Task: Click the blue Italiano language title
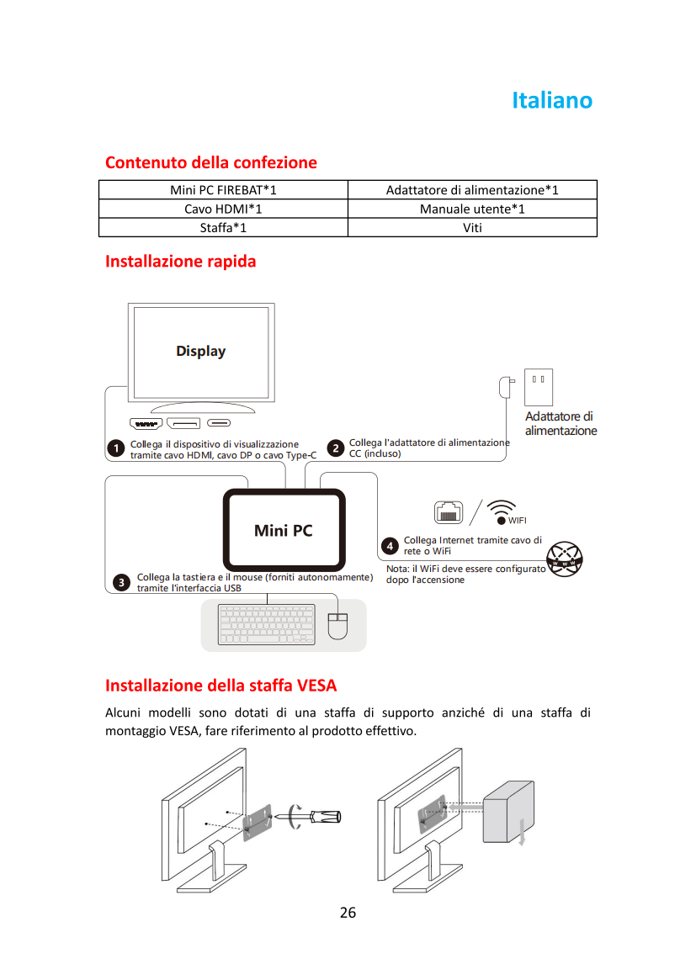(x=551, y=100)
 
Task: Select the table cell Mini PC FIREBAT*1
(x=223, y=190)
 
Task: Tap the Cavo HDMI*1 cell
(x=223, y=209)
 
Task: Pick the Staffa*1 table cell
(x=223, y=227)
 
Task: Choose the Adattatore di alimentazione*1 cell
(x=472, y=190)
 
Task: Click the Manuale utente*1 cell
(x=472, y=209)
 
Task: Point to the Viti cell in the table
(x=472, y=227)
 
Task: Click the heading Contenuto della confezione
(x=210, y=162)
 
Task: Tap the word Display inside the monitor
(x=201, y=352)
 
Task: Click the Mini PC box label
(x=284, y=531)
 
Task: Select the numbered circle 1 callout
(x=115, y=448)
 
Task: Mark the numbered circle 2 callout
(x=336, y=448)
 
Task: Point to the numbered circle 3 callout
(x=121, y=582)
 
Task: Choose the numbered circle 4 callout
(x=390, y=546)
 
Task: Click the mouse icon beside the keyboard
(x=337, y=626)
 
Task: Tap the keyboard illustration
(x=267, y=623)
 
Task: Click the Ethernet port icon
(x=449, y=512)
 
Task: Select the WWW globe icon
(x=564, y=559)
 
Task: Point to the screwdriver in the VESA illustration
(x=315, y=816)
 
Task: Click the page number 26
(x=348, y=913)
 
